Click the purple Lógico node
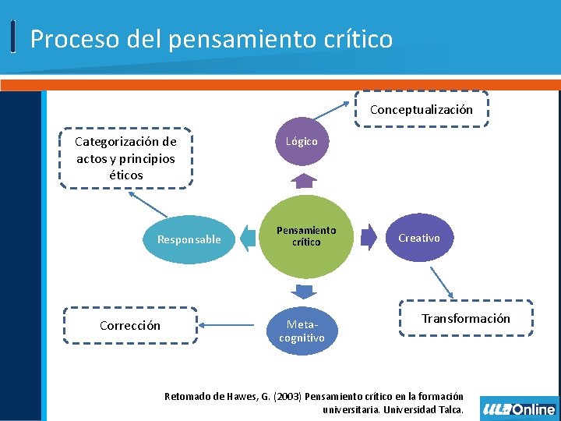(x=302, y=142)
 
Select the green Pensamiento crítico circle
(x=305, y=236)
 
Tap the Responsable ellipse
(x=189, y=239)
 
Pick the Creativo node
(x=419, y=238)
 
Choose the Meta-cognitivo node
(x=302, y=330)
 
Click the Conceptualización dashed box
(x=421, y=110)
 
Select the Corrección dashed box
(x=130, y=325)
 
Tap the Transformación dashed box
(x=466, y=318)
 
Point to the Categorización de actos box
(x=125, y=158)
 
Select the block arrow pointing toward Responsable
(x=249, y=238)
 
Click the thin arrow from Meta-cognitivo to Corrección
(x=231, y=325)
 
